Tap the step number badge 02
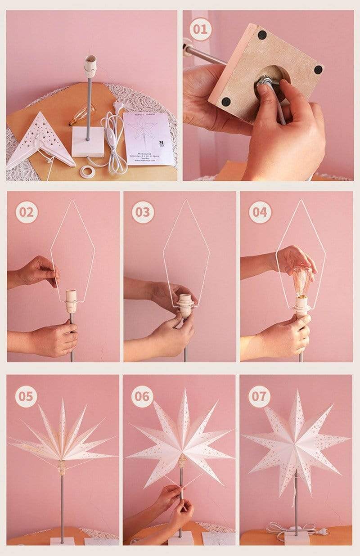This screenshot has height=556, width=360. point(27,212)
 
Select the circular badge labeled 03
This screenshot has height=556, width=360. point(143,212)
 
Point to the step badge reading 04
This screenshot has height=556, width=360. point(260,212)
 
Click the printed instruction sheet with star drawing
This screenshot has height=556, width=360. point(148,137)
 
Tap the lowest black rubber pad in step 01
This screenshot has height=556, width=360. point(226,102)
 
